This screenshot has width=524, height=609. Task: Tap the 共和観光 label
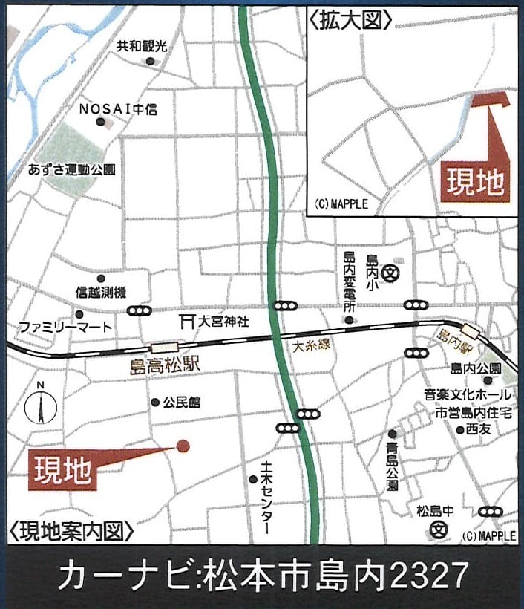[142, 46]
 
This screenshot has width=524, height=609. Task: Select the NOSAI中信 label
[118, 109]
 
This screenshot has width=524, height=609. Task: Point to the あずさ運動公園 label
[71, 169]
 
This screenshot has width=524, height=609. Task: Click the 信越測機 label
[102, 293]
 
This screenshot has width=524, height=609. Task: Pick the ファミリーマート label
[65, 327]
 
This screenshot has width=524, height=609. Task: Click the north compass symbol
[42, 407]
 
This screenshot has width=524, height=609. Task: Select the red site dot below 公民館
[183, 446]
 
